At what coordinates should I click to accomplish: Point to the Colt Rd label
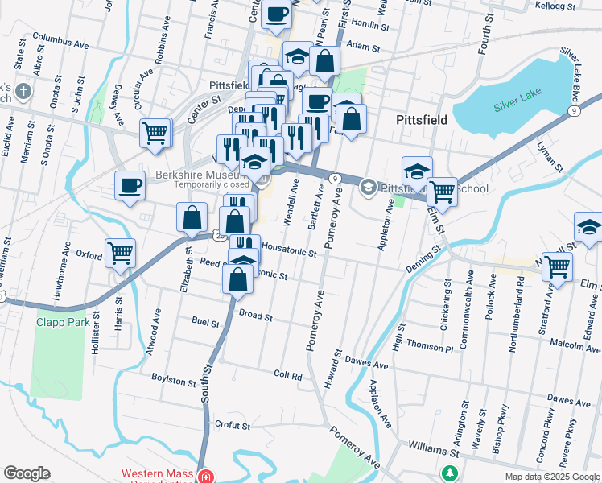(x=287, y=375)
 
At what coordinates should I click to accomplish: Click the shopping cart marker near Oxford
(x=121, y=252)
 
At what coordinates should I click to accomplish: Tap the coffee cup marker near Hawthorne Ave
(x=130, y=187)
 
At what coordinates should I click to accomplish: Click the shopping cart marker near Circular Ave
(x=155, y=133)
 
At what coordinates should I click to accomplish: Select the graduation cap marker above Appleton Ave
(x=417, y=171)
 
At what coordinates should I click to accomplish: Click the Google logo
(x=27, y=473)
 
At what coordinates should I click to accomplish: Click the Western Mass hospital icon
(x=207, y=477)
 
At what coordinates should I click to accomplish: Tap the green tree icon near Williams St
(x=451, y=471)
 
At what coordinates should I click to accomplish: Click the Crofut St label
(x=233, y=424)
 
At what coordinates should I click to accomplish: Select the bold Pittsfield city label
(x=422, y=120)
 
